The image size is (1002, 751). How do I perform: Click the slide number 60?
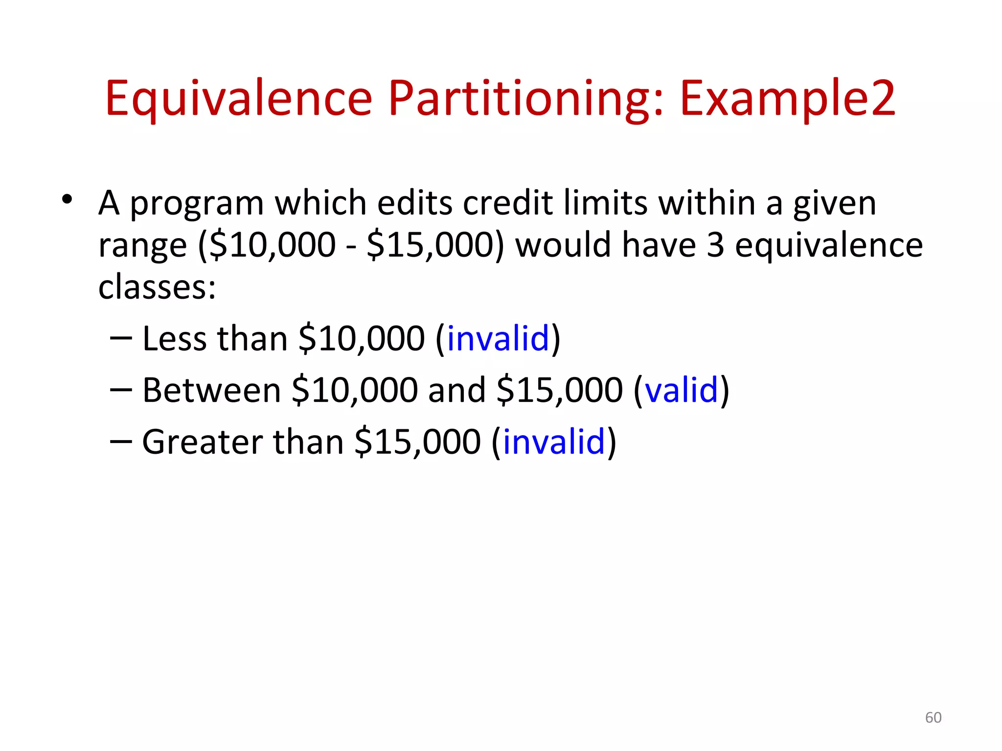pos(933,717)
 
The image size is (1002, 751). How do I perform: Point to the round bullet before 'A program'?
pos(67,199)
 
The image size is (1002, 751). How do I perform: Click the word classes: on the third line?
pos(157,287)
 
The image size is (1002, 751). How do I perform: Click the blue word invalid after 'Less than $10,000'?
pos(498,338)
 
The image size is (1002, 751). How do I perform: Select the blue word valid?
pos(682,390)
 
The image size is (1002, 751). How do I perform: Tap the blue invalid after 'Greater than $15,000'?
pos(554,442)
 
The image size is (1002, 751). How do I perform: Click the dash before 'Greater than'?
pos(121,441)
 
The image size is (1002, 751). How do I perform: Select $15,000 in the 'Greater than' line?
pos(417,442)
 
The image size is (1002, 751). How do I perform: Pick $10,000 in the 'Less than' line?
pos(362,338)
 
